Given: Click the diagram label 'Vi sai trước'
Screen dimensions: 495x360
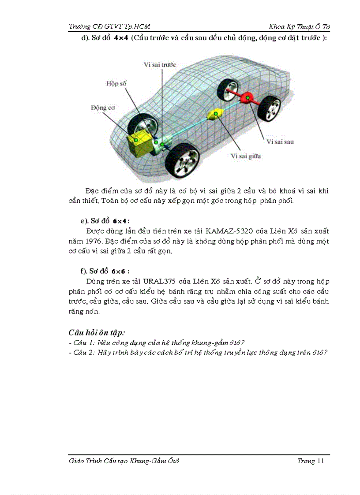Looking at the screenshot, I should pyautogui.click(x=160, y=65).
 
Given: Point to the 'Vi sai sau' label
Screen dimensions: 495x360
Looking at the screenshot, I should pyautogui.click(x=280, y=142).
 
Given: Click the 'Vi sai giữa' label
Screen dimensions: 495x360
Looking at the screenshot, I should pyautogui.click(x=245, y=156).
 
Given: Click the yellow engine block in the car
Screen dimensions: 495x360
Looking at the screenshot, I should pyautogui.click(x=139, y=141).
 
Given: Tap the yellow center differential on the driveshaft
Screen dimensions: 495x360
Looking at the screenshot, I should pyautogui.click(x=216, y=115).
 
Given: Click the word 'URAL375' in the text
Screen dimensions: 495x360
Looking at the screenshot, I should pyautogui.click(x=157, y=281).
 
